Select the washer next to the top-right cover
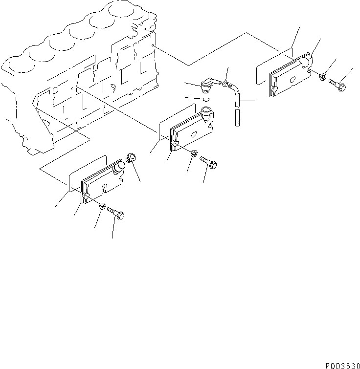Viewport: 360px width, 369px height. [323, 77]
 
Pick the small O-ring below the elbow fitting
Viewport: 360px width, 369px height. [206, 99]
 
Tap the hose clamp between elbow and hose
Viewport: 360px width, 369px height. [225, 84]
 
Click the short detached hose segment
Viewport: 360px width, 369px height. [237, 119]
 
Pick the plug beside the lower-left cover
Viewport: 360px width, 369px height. [130, 158]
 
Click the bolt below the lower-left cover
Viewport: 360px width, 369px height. [116, 213]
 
